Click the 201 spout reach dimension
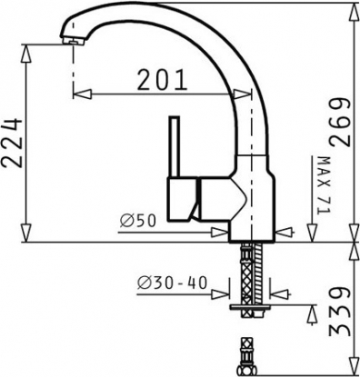161,80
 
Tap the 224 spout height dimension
12,143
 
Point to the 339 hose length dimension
341,313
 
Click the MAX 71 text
323,185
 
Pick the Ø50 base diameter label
138,221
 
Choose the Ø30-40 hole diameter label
172,283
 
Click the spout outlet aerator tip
73,41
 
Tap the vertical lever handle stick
175,146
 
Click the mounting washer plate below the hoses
250,307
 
